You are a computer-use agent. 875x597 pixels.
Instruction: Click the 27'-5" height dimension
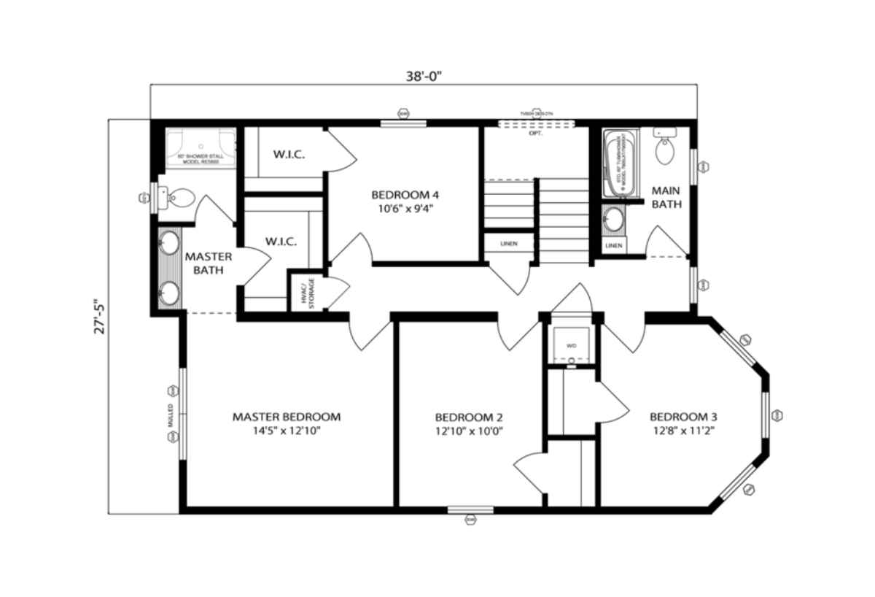coord(100,315)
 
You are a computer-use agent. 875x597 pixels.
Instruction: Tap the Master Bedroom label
coord(287,417)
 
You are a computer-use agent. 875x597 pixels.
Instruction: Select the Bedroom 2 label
coord(469,417)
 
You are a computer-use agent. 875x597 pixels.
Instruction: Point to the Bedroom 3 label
coord(683,417)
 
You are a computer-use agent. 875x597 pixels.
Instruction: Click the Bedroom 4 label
coord(405,195)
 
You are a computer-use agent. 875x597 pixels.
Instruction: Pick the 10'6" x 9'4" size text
coord(405,208)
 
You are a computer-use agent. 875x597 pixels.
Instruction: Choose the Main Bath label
coord(666,197)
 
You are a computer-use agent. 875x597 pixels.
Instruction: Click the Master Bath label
coord(209,263)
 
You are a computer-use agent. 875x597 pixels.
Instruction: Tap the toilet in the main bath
coord(665,149)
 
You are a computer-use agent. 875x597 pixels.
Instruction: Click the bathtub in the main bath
coord(620,164)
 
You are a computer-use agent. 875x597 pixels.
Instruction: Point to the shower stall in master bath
coord(201,149)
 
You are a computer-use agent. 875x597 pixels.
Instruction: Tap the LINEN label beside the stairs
coord(509,244)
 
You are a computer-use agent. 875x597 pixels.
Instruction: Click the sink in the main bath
coord(614,219)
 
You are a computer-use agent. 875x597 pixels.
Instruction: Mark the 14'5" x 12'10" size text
coord(287,431)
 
